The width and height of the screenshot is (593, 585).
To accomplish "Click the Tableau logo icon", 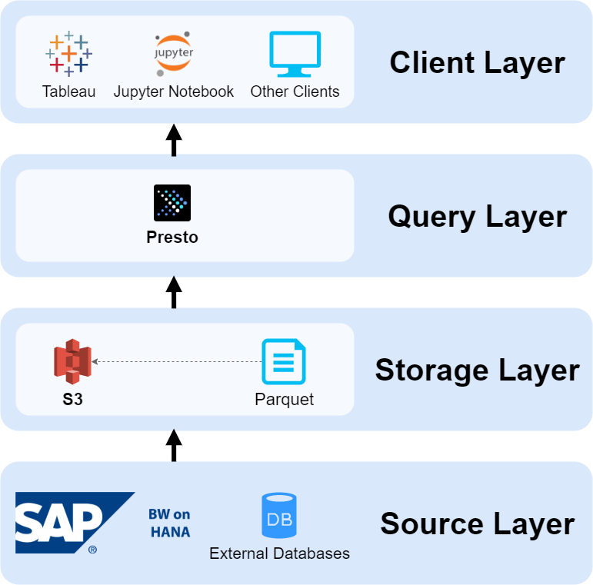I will tap(68, 54).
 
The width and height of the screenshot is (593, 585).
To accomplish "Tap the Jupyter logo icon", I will tap(174, 55).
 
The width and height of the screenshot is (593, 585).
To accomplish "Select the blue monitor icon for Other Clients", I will tap(295, 54).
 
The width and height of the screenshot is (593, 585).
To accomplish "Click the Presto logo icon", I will tap(172, 203).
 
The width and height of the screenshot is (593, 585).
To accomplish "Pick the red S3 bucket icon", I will tap(72, 361).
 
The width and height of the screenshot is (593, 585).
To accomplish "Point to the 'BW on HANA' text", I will tap(169, 523).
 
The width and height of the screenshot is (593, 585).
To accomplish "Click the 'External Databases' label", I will tap(279, 553).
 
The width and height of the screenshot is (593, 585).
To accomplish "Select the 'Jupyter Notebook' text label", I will tap(174, 91).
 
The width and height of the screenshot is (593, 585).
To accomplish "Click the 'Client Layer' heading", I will tap(477, 62).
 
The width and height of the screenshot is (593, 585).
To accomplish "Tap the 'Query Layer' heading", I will tap(477, 216).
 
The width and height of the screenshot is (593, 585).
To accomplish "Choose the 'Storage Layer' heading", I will tap(477, 370).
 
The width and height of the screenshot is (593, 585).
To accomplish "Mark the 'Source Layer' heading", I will tap(477, 524).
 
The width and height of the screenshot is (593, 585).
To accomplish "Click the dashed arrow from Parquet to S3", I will tap(173, 361).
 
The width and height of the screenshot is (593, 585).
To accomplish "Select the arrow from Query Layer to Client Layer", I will tap(174, 140).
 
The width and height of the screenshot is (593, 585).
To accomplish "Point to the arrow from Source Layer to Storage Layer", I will tap(174, 446).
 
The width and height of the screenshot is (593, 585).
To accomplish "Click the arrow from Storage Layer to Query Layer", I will tap(174, 293).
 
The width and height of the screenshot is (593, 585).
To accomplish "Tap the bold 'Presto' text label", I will tap(172, 238).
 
